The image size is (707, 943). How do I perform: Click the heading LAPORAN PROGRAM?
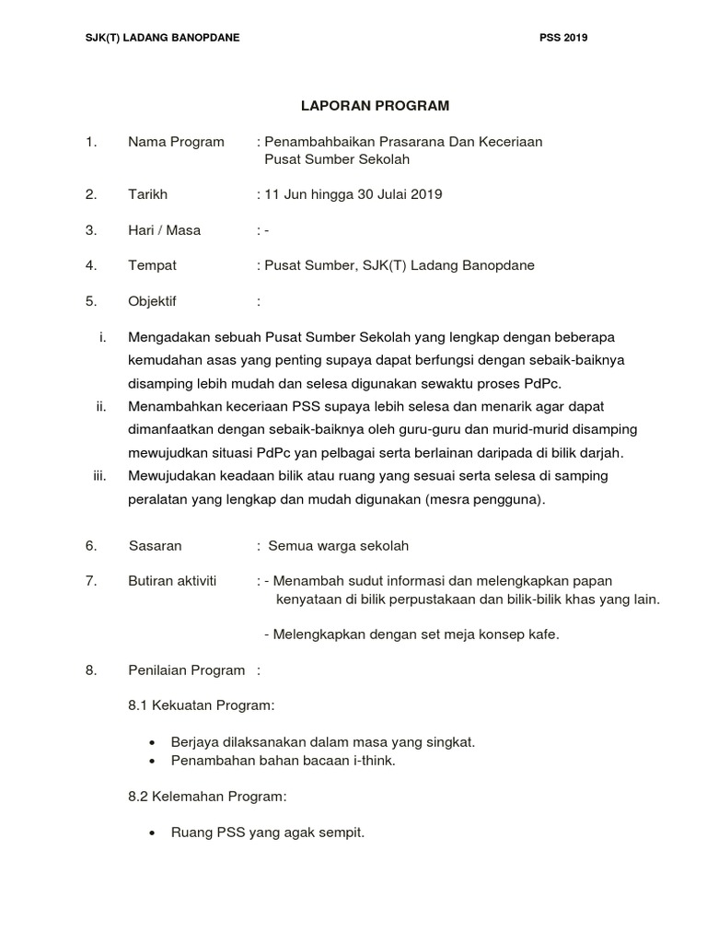pyautogui.click(x=376, y=106)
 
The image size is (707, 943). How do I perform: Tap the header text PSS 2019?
pyautogui.click(x=563, y=38)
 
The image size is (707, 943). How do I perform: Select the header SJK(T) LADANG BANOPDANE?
pyautogui.click(x=163, y=38)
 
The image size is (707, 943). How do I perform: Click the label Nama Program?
pyautogui.click(x=176, y=142)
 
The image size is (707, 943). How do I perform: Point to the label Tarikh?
pyautogui.click(x=147, y=194)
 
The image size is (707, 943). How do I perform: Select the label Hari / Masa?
pyautogui.click(x=164, y=230)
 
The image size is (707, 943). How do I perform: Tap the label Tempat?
pyautogui.click(x=152, y=265)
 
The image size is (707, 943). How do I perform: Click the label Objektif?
pyautogui.click(x=152, y=301)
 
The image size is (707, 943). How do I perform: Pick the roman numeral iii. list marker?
pyautogui.click(x=100, y=475)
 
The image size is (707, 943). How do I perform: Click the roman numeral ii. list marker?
pyautogui.click(x=101, y=406)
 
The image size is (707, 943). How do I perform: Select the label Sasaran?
pyautogui.click(x=155, y=545)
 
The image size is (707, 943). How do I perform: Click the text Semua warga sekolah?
pyautogui.click(x=338, y=545)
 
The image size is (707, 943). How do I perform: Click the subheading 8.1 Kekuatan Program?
pyautogui.click(x=202, y=705)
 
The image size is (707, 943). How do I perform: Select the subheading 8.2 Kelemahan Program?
pyautogui.click(x=207, y=796)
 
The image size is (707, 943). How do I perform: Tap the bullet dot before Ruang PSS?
pyautogui.click(x=150, y=832)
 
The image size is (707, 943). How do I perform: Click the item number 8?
pyautogui.click(x=91, y=670)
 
